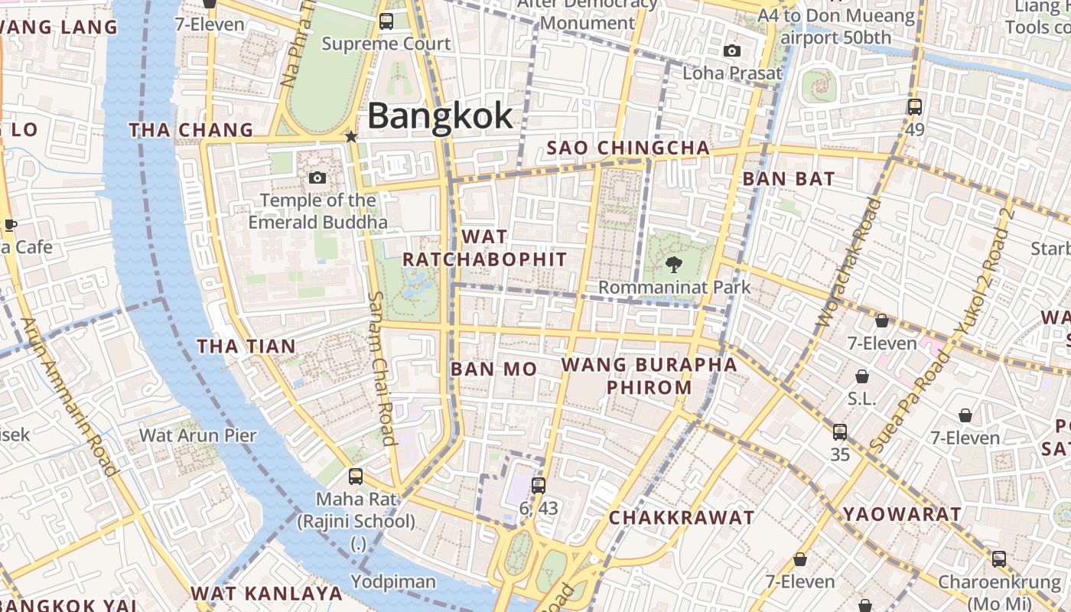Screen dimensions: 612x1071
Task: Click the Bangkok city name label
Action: point(440,116)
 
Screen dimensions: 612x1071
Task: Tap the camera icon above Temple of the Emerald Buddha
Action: point(317,178)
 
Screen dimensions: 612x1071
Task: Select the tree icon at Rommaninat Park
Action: point(673,265)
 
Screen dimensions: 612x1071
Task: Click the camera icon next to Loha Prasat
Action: point(732,51)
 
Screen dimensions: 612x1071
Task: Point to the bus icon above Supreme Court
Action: point(386,21)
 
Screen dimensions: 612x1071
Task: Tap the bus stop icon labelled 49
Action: point(915,107)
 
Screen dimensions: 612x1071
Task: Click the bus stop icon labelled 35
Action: point(840,432)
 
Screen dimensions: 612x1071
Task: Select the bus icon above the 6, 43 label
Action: point(539,485)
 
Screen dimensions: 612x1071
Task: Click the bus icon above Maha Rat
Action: point(356,477)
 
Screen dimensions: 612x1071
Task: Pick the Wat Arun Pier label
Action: point(197,435)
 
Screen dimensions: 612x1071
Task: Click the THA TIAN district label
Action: point(246,347)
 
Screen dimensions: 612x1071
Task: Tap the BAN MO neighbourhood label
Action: point(493,369)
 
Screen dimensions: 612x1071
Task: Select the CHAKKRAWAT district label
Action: point(682,518)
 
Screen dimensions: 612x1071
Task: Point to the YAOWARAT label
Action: point(902,514)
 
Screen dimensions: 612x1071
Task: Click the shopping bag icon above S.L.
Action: point(862,376)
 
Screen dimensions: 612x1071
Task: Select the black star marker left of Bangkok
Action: point(351,137)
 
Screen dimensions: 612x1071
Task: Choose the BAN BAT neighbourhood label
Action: point(789,179)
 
